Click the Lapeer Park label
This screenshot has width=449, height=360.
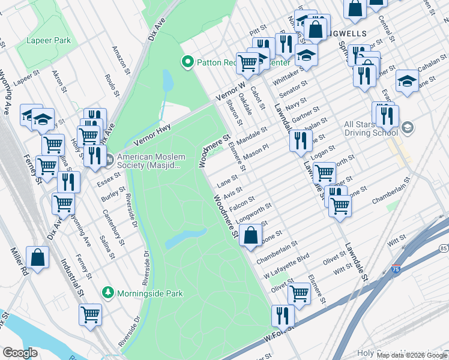(x=48, y=41)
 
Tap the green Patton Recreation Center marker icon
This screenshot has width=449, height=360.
(x=187, y=61)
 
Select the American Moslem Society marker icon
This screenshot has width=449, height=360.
(x=109, y=160)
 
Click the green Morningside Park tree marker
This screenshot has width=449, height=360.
(x=107, y=293)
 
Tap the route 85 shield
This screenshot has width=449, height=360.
(x=443, y=248)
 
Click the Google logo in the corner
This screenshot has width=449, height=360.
(x=20, y=353)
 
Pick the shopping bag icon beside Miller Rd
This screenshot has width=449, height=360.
(x=37, y=257)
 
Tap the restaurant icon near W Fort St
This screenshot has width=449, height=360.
(x=283, y=316)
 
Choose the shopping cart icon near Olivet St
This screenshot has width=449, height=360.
(x=299, y=293)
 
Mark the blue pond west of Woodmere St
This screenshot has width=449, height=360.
(x=186, y=237)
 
